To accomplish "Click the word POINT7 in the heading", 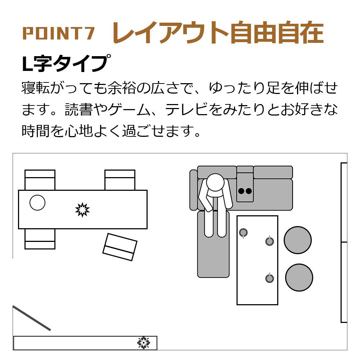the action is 59,33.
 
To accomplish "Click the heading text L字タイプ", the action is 66,63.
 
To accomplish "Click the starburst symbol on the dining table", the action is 82,210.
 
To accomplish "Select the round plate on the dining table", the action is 37,202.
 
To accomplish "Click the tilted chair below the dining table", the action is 120,247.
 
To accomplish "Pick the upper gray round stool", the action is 298,240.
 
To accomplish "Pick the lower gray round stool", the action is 299,277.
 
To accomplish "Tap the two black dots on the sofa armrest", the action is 245,191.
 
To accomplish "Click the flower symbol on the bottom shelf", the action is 144,343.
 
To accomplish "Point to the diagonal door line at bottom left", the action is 31,318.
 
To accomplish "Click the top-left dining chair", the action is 40,180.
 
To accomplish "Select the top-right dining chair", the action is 120,180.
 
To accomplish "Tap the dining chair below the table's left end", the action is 40,239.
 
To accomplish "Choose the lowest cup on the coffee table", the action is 270,278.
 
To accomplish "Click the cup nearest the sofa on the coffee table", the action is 243,233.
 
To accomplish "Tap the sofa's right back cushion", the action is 273,172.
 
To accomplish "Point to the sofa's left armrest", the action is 194,190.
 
